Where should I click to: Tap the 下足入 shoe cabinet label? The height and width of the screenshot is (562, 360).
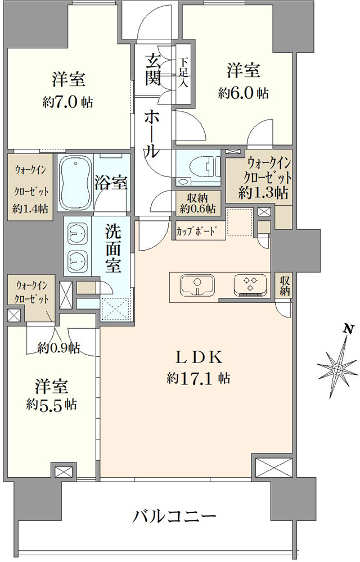[183, 72]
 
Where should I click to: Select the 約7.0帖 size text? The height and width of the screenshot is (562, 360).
[67, 102]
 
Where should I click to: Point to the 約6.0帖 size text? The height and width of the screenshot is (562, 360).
[243, 93]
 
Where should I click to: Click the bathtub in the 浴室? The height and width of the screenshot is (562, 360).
[75, 184]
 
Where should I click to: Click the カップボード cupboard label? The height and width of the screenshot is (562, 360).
[196, 231]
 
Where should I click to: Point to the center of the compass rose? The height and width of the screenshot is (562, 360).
[337, 369]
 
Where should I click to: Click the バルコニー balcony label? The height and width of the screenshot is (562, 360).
[175, 516]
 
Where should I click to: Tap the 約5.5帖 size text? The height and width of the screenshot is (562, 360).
[51, 404]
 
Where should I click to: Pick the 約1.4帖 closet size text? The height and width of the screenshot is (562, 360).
[30, 209]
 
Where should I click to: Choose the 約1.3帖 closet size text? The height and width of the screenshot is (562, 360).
[264, 193]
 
